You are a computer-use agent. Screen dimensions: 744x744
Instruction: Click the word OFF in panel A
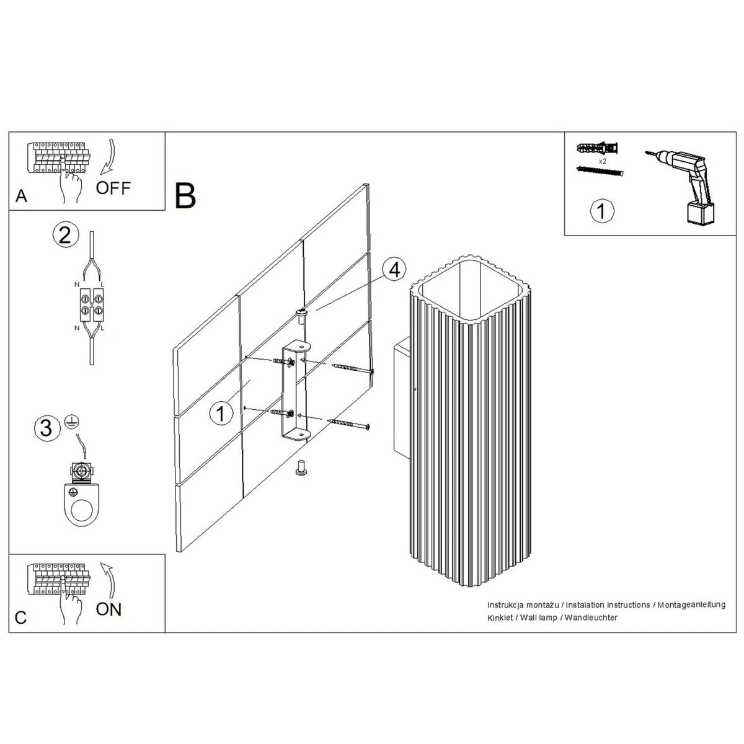[113, 188]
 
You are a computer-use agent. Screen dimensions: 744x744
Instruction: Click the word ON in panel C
[108, 609]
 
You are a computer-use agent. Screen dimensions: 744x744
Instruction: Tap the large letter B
[185, 196]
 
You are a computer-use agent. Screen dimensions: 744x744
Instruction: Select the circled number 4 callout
[394, 270]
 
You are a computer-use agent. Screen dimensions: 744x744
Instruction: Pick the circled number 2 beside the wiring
[66, 235]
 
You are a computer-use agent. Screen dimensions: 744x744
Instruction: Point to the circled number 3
[46, 428]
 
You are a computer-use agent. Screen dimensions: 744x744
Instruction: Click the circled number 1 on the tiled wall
[221, 413]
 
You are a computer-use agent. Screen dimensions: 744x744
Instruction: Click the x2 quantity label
[602, 162]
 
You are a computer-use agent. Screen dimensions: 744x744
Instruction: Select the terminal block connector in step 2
[92, 304]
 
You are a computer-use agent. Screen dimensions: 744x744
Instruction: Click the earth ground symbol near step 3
[69, 421]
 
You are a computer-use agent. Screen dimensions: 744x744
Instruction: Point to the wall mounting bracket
[295, 390]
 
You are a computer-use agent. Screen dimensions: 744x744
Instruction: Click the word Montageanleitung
[691, 604]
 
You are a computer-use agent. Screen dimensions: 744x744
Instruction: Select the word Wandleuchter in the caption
[591, 618]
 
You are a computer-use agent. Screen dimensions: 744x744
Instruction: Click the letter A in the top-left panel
[21, 196]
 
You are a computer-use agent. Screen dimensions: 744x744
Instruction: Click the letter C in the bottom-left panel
[21, 618]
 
